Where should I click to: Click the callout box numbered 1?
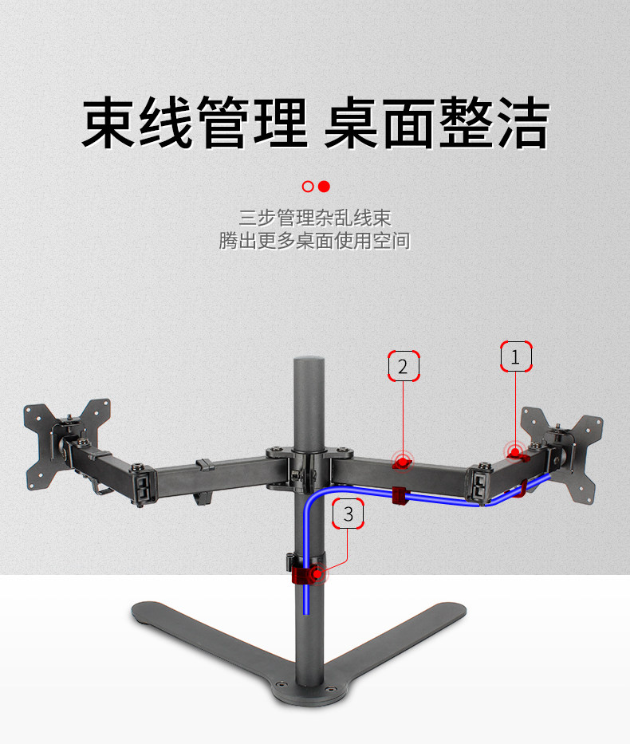(x=515, y=357)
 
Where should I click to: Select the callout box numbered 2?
(x=403, y=366)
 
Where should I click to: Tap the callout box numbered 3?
(x=348, y=514)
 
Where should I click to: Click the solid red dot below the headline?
(x=324, y=187)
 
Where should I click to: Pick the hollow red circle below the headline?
(x=308, y=187)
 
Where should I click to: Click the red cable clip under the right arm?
(x=400, y=495)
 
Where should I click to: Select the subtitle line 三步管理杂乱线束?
(x=315, y=217)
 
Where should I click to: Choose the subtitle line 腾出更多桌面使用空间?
(x=315, y=240)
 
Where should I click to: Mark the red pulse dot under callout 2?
(x=404, y=460)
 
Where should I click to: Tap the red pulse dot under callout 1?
(x=515, y=453)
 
